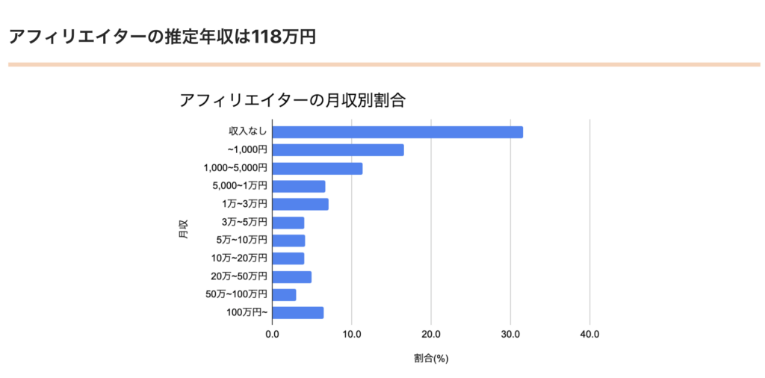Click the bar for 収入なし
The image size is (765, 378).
397,132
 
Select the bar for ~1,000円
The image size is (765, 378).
338,150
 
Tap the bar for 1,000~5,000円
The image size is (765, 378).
318,169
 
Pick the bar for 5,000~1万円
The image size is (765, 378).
299,187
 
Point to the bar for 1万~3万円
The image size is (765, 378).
300,205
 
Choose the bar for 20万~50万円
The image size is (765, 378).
291,277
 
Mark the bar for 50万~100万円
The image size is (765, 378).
284,295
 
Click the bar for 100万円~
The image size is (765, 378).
297,313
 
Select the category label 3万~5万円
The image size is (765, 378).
244,223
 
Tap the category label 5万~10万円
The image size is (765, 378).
241,241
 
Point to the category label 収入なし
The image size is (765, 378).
247,132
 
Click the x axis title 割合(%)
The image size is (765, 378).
430,359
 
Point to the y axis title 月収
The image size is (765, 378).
184,229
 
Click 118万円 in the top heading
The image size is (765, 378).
284,37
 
